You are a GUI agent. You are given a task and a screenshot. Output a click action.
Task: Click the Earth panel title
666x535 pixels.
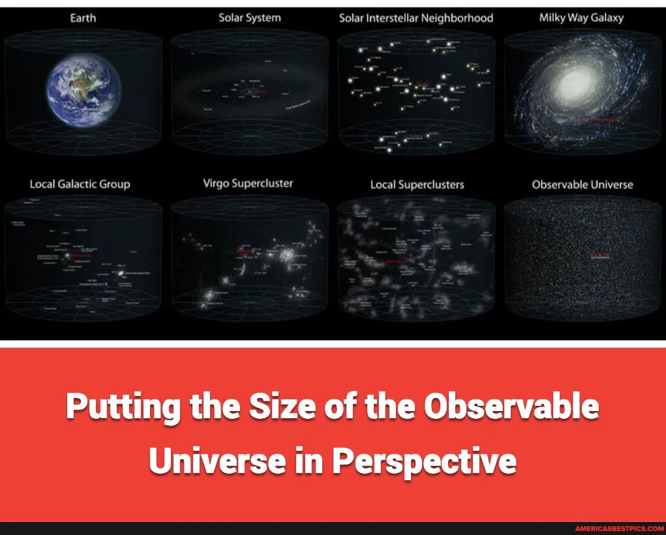click(x=83, y=18)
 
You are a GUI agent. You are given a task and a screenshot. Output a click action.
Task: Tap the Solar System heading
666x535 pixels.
click(x=249, y=18)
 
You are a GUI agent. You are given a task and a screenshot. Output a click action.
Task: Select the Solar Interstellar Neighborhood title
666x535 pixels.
click(x=416, y=18)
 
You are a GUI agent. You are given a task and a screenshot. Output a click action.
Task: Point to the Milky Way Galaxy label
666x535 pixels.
click(x=581, y=18)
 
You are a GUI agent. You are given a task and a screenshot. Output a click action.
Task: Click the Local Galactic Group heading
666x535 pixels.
click(x=80, y=184)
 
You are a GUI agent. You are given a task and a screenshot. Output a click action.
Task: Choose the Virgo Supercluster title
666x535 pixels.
click(x=248, y=183)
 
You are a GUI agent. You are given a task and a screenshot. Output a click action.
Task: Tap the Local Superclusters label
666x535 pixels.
click(x=417, y=185)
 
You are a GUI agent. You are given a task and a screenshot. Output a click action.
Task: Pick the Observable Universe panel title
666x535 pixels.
click(x=582, y=185)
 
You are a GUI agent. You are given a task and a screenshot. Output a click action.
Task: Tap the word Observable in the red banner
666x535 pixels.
click(x=511, y=407)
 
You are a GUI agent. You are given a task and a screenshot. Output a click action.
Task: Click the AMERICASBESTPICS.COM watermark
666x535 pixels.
click(x=619, y=528)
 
